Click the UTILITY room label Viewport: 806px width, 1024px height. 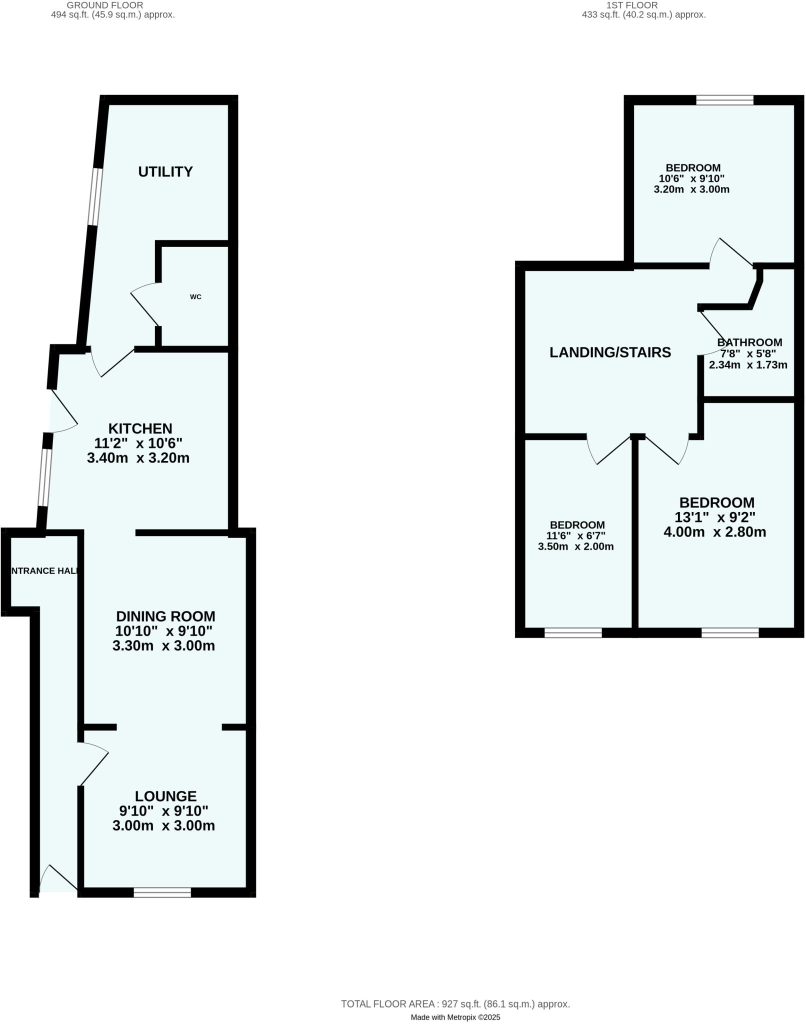pyautogui.click(x=165, y=172)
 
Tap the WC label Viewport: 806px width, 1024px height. pyautogui.click(x=195, y=297)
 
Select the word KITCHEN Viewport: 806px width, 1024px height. pyautogui.click(x=140, y=428)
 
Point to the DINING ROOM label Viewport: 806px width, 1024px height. pyautogui.click(x=165, y=616)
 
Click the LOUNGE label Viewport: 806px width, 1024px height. pyautogui.click(x=165, y=796)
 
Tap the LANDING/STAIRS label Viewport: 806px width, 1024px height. pyautogui.click(x=610, y=352)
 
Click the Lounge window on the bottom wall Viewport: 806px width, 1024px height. pyautogui.click(x=162, y=892)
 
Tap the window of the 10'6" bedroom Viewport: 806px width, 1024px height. pyautogui.click(x=724, y=100)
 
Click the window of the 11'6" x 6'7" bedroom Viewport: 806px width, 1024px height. pyautogui.click(x=573, y=633)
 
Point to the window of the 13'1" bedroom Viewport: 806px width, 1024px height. pyautogui.click(x=730, y=633)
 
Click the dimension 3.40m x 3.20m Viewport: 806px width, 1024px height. pyautogui.click(x=138, y=458)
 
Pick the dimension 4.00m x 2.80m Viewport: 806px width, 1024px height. pyautogui.click(x=714, y=532)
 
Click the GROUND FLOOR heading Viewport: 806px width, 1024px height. pyautogui.click(x=105, y=5)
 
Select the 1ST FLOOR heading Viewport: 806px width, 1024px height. pyautogui.click(x=632, y=5)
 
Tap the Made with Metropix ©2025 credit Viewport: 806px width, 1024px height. pyautogui.click(x=455, y=1017)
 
